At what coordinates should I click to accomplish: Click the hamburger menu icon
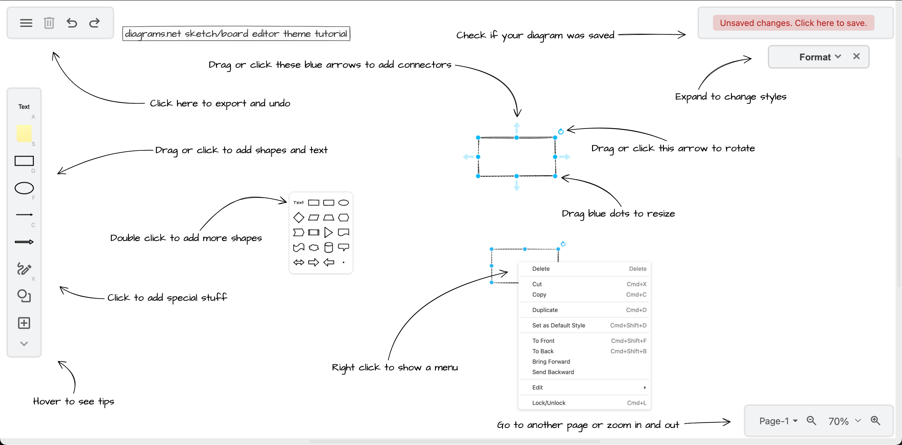pyautogui.click(x=26, y=23)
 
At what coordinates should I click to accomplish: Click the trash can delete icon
pyautogui.click(x=49, y=23)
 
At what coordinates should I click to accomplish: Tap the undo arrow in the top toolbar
pyautogui.click(x=72, y=23)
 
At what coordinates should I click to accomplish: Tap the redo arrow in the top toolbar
pyautogui.click(x=95, y=23)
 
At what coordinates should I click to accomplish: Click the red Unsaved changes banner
pyautogui.click(x=793, y=23)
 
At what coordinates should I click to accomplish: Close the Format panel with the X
pyautogui.click(x=856, y=56)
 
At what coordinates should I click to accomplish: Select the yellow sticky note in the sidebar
pyautogui.click(x=24, y=133)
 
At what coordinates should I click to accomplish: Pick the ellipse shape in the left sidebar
pyautogui.click(x=24, y=188)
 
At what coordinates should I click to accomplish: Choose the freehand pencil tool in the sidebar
pyautogui.click(x=24, y=269)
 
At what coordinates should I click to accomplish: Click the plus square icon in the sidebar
pyautogui.click(x=24, y=323)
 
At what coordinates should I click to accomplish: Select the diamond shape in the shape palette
pyautogui.click(x=298, y=218)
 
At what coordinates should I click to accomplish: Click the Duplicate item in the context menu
pyautogui.click(x=545, y=310)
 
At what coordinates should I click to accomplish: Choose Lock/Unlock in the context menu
pyautogui.click(x=549, y=403)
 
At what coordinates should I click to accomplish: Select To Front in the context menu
pyautogui.click(x=543, y=341)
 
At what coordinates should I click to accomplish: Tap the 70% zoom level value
pyautogui.click(x=838, y=421)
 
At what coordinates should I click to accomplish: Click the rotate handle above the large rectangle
pyautogui.click(x=561, y=132)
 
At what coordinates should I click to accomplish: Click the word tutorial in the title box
pyautogui.click(x=331, y=34)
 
